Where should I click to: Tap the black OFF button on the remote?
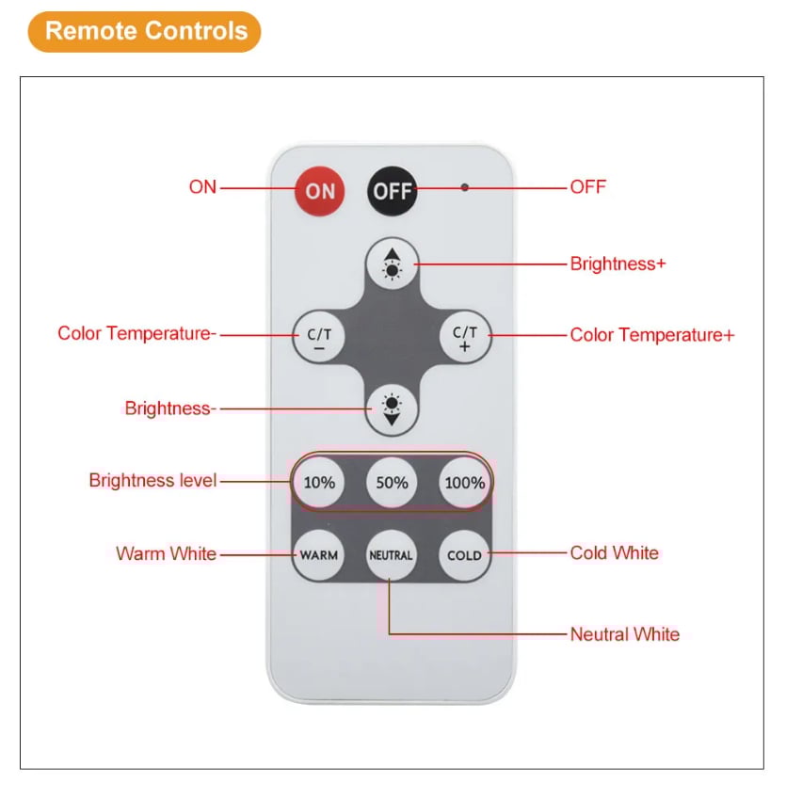coord(392,190)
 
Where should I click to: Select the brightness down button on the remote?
coord(391,408)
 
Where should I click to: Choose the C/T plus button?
coord(464,336)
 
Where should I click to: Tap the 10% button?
coord(319,483)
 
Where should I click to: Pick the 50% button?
coord(392,483)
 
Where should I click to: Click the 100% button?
coord(464,483)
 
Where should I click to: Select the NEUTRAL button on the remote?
coord(391,555)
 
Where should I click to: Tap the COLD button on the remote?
coord(464,555)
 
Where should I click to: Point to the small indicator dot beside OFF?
coord(464,187)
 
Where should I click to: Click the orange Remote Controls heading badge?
coord(145,31)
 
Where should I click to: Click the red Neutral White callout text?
coord(624,634)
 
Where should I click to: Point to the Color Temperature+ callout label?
coord(651,335)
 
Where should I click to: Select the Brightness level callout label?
coord(152,481)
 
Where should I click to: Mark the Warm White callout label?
coord(166,553)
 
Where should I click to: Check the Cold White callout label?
coord(614,553)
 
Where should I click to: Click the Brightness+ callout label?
coord(618,264)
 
